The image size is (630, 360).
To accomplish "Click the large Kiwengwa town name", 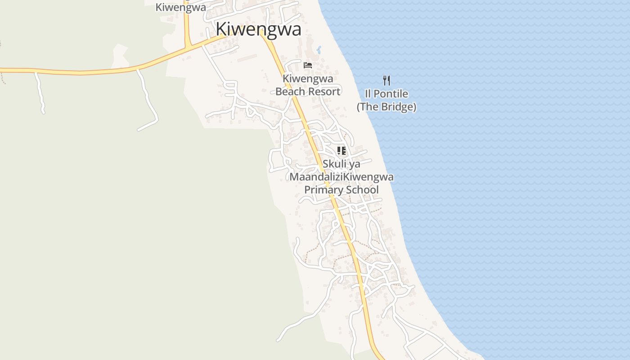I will [x=258, y=29].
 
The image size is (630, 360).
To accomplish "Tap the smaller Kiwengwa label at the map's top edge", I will [x=180, y=7].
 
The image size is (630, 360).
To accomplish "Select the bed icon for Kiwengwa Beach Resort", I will [x=308, y=65].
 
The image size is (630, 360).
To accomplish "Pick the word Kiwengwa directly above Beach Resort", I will [x=308, y=79].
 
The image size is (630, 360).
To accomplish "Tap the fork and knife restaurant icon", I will [x=386, y=81].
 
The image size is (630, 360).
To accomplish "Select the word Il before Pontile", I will [x=367, y=94].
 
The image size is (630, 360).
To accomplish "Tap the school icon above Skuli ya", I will [x=341, y=151].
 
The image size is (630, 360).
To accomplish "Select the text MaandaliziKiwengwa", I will [x=341, y=177].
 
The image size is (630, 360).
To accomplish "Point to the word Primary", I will [x=323, y=190].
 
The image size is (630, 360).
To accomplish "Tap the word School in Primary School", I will [x=361, y=190].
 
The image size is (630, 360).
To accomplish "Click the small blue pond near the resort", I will [x=319, y=49].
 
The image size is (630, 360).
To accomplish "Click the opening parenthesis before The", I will [x=359, y=107].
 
